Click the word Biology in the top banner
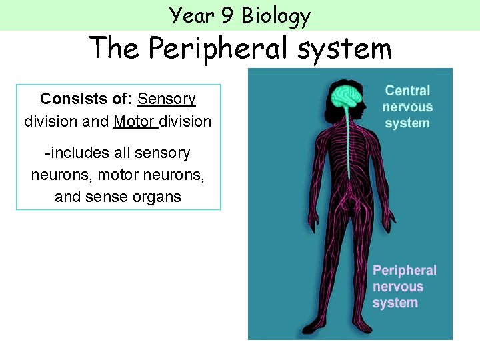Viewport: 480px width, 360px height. pyautogui.click(x=276, y=15)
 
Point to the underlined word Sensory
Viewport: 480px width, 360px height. pyautogui.click(x=167, y=99)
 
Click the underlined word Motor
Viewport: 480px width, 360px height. pyautogui.click(x=134, y=122)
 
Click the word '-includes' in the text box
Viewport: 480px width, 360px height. pyautogui.click(x=77, y=153)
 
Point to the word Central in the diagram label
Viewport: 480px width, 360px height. pyautogui.click(x=407, y=91)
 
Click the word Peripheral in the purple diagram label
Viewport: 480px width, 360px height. pyautogui.click(x=405, y=271)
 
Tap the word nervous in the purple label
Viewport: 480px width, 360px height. pyautogui.click(x=398, y=287)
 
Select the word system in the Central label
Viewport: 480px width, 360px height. pyautogui.click(x=407, y=123)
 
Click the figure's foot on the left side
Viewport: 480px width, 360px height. pyautogui.click(x=310, y=329)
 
